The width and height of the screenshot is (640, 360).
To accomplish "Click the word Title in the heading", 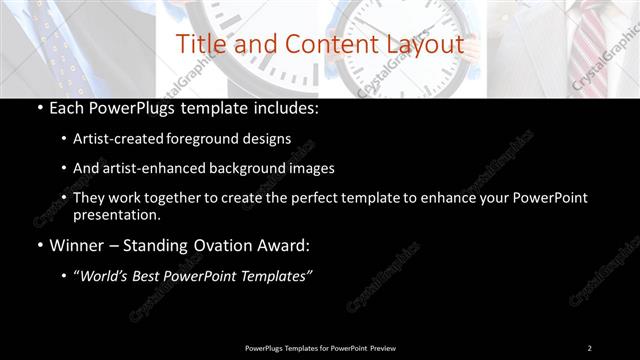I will click(198, 45).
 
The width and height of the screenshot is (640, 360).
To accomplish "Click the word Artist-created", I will click(113, 138).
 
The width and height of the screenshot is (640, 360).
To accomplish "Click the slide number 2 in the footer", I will click(589, 348).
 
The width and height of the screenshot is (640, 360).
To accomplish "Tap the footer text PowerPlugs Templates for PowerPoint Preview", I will click(320, 348).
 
